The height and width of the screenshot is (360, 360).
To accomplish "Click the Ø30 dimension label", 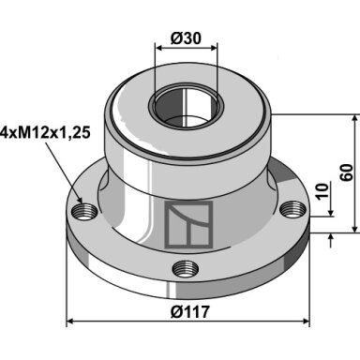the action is tap(187, 38).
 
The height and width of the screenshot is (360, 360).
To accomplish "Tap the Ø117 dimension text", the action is tap(189, 311).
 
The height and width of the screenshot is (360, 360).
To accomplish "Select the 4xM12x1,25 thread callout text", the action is tap(46, 132).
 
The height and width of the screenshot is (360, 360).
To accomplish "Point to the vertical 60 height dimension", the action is tap(348, 172).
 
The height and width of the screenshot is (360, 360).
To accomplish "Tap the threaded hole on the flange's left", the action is tap(84, 211).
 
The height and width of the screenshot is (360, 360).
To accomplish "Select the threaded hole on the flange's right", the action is tap(292, 209).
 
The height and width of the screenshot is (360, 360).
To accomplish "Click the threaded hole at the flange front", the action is tap(186, 269).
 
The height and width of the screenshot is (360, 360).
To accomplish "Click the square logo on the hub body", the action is tap(188, 225).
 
